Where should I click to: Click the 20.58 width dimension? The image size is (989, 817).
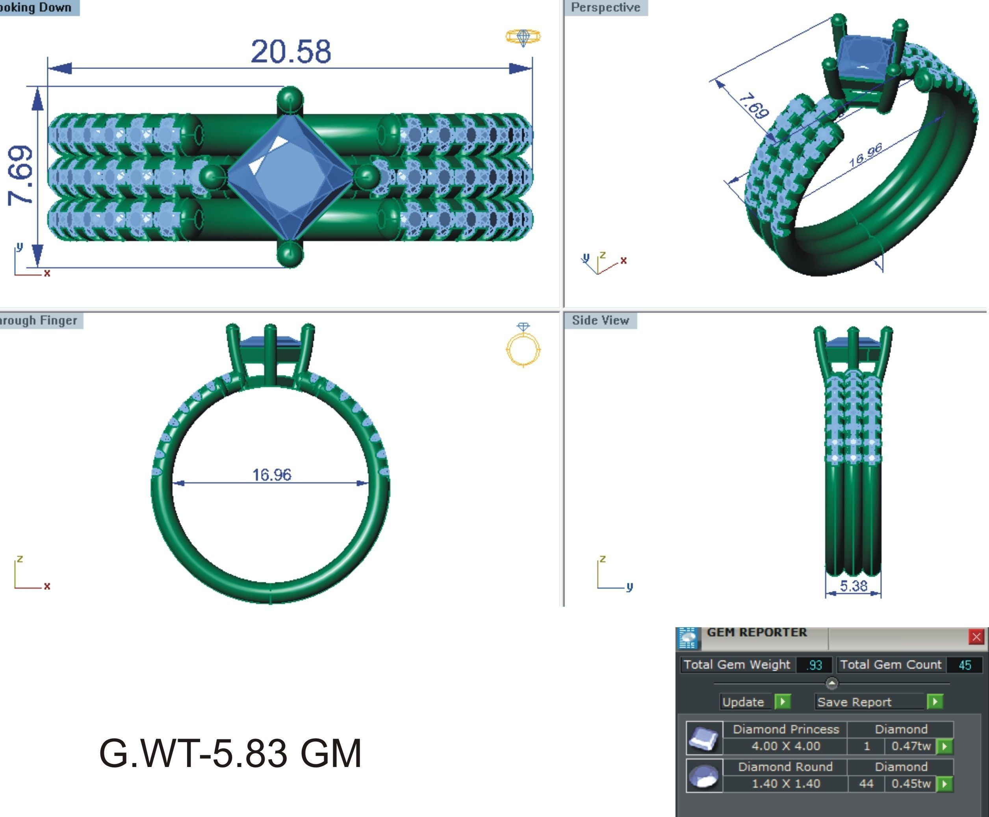290,51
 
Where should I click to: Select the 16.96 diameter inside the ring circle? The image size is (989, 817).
272,474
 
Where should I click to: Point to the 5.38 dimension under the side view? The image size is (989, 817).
853,586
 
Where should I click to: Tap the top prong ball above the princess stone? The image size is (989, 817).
290,99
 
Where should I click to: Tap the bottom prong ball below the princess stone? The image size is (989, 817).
290,255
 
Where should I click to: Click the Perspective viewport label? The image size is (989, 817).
605,7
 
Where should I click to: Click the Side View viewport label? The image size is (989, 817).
600,321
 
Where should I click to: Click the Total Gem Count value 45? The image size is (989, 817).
965,665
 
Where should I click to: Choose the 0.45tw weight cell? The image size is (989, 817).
911,784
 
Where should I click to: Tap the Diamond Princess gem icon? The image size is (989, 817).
704,738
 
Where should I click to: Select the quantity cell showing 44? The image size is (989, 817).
866,784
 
